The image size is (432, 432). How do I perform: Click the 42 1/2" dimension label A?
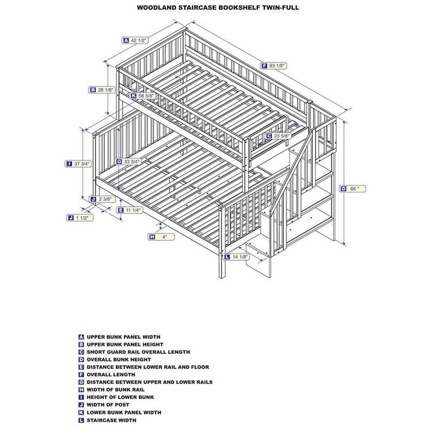(x=135, y=40)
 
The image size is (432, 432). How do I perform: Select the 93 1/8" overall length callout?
(x=274, y=66)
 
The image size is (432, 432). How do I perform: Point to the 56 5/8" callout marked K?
(x=143, y=96)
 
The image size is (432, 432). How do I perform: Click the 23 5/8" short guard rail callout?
(x=278, y=136)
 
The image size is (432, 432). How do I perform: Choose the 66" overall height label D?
(x=353, y=189)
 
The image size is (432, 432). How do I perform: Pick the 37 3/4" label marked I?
(x=78, y=164)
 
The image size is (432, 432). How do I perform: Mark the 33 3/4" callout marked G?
(x=129, y=162)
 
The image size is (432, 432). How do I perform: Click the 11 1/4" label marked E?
(x=130, y=210)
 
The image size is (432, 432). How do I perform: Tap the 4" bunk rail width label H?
(x=161, y=237)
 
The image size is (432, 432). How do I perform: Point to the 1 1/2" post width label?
(x=80, y=218)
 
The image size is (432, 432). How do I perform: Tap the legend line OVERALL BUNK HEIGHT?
(x=119, y=359)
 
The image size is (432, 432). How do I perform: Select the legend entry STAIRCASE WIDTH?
(x=111, y=420)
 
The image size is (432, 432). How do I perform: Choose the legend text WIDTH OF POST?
(x=108, y=404)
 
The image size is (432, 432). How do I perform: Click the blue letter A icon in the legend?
(x=81, y=337)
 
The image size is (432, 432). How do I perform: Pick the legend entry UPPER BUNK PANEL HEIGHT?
(x=125, y=344)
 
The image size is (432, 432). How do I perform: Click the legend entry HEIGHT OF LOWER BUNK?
(x=120, y=397)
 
